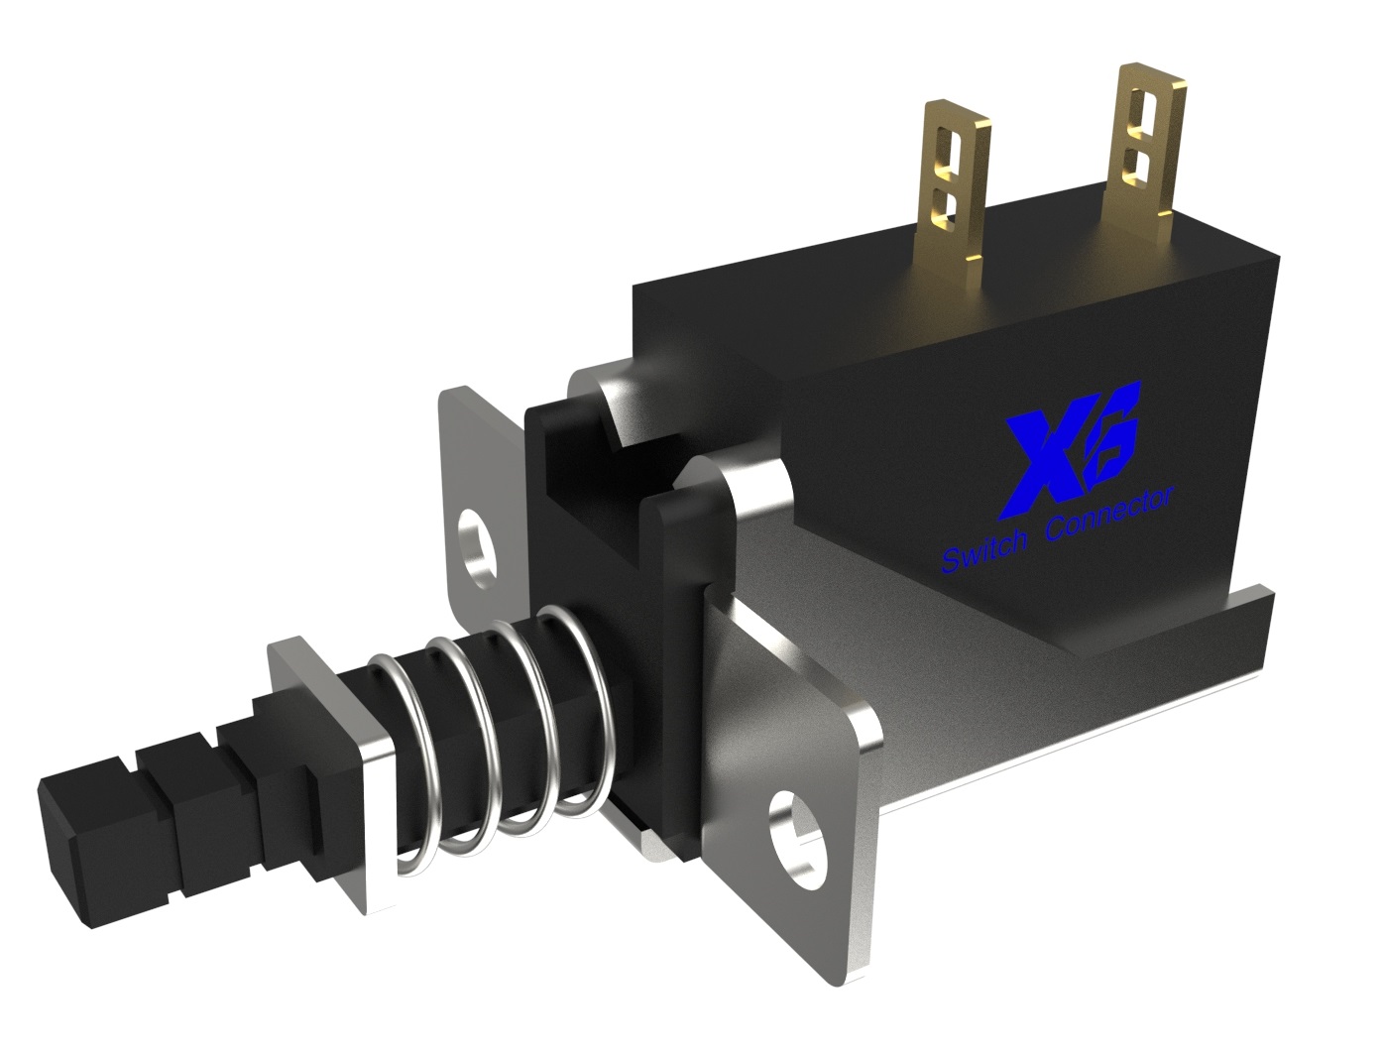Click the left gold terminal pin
point(956,188)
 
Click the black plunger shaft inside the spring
point(476,734)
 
